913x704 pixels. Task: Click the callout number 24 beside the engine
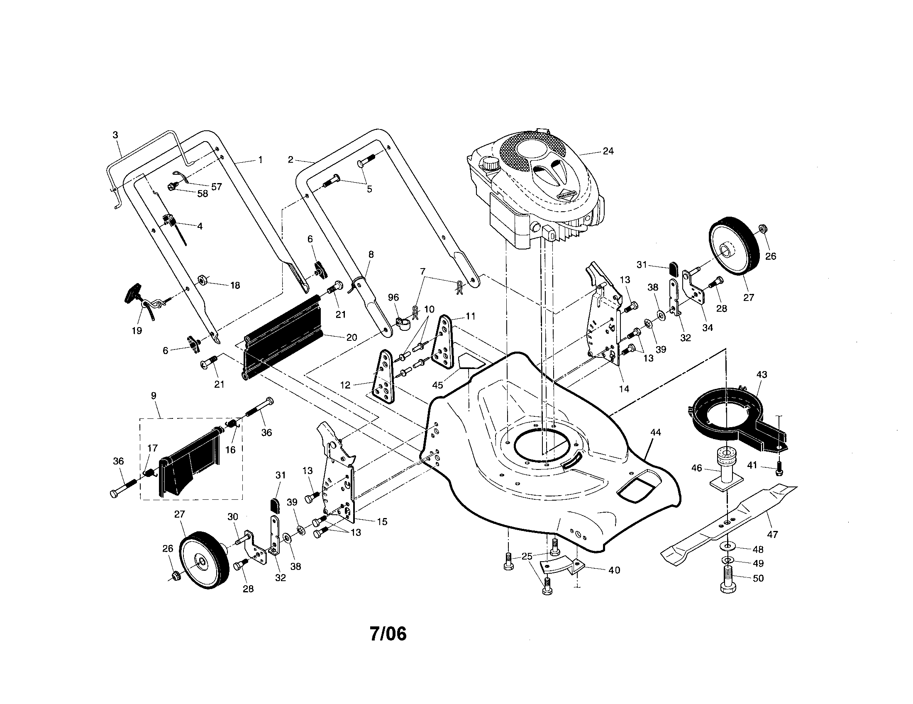[x=608, y=151]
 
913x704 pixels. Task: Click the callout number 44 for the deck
[x=655, y=433]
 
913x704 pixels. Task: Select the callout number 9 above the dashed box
[x=154, y=395]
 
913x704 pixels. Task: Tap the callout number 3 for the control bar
[x=115, y=135]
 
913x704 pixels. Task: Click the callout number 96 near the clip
[x=393, y=297]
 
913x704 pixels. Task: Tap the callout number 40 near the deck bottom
[x=614, y=570]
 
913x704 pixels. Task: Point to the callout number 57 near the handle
[x=216, y=186]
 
